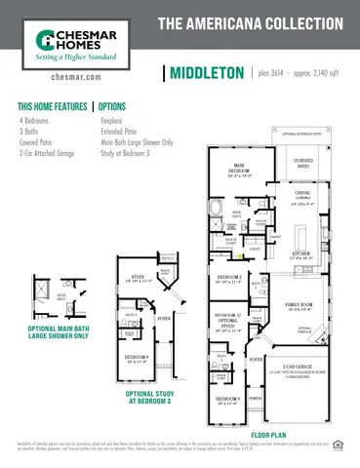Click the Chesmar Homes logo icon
click(x=44, y=39)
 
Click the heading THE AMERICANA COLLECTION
click(x=250, y=21)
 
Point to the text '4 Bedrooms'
click(x=34, y=120)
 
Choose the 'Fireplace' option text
click(x=116, y=120)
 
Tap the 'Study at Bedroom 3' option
click(x=130, y=152)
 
